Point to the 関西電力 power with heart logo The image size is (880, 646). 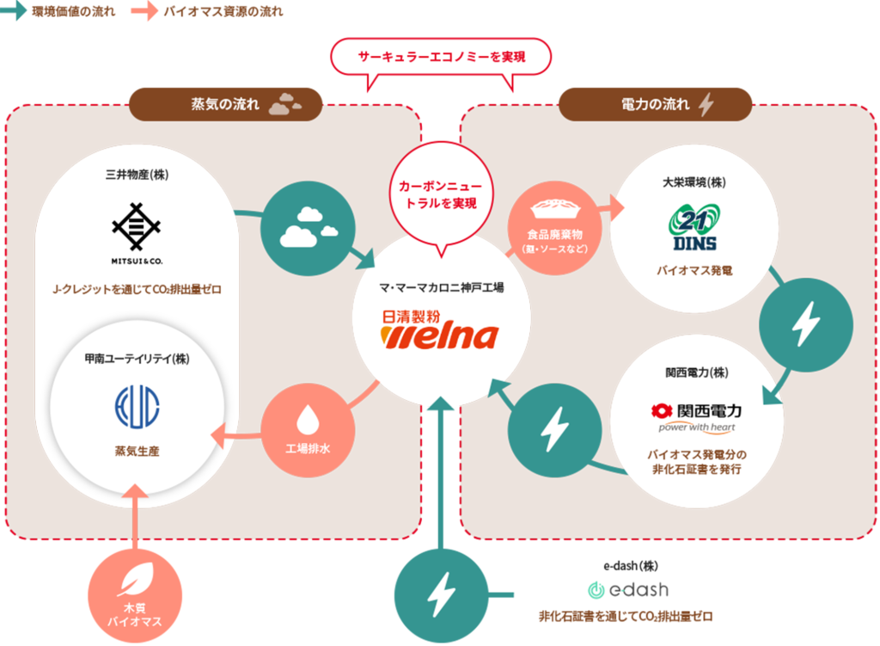[696, 417]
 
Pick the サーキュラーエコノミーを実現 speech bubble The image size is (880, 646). [441, 58]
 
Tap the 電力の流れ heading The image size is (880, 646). [655, 105]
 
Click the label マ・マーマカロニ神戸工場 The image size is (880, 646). [441, 287]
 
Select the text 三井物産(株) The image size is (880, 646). [136, 175]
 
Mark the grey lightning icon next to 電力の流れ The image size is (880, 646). [706, 105]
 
